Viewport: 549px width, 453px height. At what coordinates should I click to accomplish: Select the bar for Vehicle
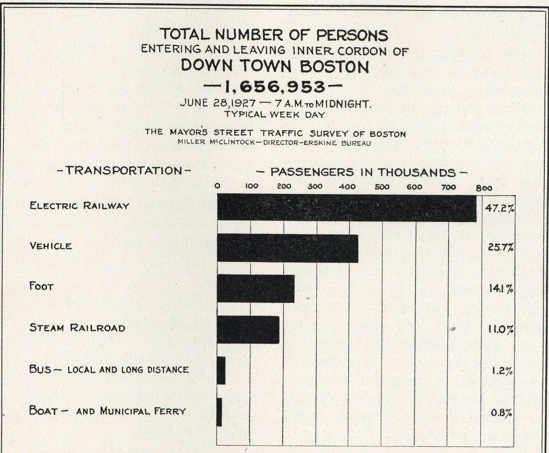[x=288, y=248]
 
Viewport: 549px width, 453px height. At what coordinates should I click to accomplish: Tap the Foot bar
[x=256, y=289]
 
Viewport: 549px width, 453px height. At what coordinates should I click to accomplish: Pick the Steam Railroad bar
[x=248, y=330]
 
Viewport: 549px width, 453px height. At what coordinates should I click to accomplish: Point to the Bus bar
[x=221, y=370]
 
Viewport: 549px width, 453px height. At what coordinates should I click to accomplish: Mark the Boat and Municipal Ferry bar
[x=220, y=412]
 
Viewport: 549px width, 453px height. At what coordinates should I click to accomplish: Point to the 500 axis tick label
[x=382, y=187]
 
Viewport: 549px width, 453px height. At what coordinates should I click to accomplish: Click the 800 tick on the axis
[x=484, y=188]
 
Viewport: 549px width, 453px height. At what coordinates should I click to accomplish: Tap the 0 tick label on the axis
[x=217, y=186]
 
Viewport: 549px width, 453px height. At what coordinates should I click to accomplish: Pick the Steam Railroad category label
[x=77, y=328]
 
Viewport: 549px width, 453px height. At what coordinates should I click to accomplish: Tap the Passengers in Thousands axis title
[x=363, y=172]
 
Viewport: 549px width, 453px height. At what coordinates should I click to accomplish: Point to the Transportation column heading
[x=124, y=170]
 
